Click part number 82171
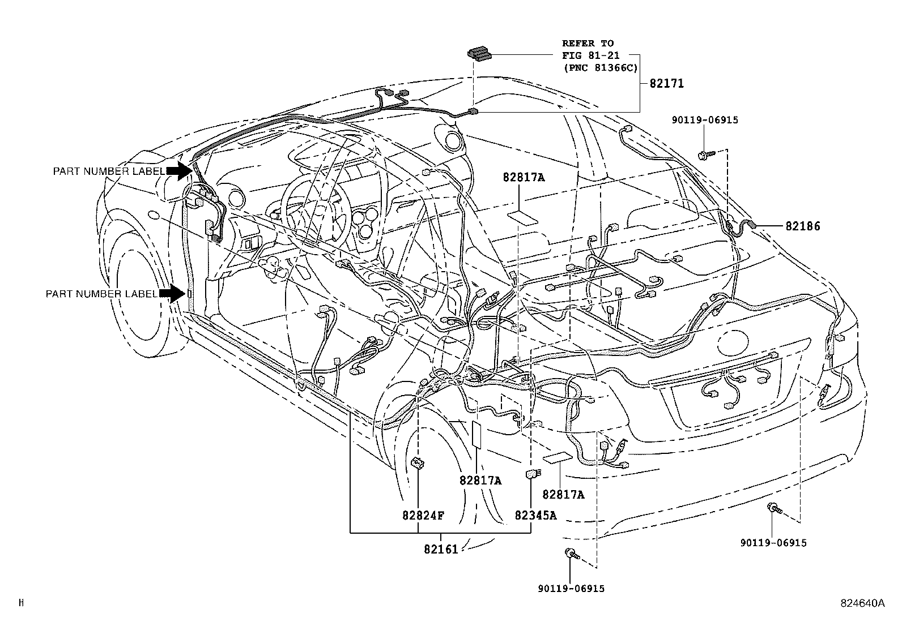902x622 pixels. [666, 84]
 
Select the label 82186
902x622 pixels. [802, 226]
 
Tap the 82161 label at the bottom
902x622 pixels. [440, 548]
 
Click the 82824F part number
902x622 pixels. [423, 516]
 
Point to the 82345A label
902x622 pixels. [535, 516]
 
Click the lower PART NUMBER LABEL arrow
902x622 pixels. [172, 293]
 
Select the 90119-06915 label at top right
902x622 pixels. [705, 120]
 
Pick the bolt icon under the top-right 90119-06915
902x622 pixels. [704, 153]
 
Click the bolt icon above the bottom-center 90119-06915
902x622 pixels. [571, 554]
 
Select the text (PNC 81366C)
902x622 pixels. [599, 68]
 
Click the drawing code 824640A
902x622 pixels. [862, 603]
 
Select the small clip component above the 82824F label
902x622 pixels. [418, 464]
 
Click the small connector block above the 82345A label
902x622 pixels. [532, 474]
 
